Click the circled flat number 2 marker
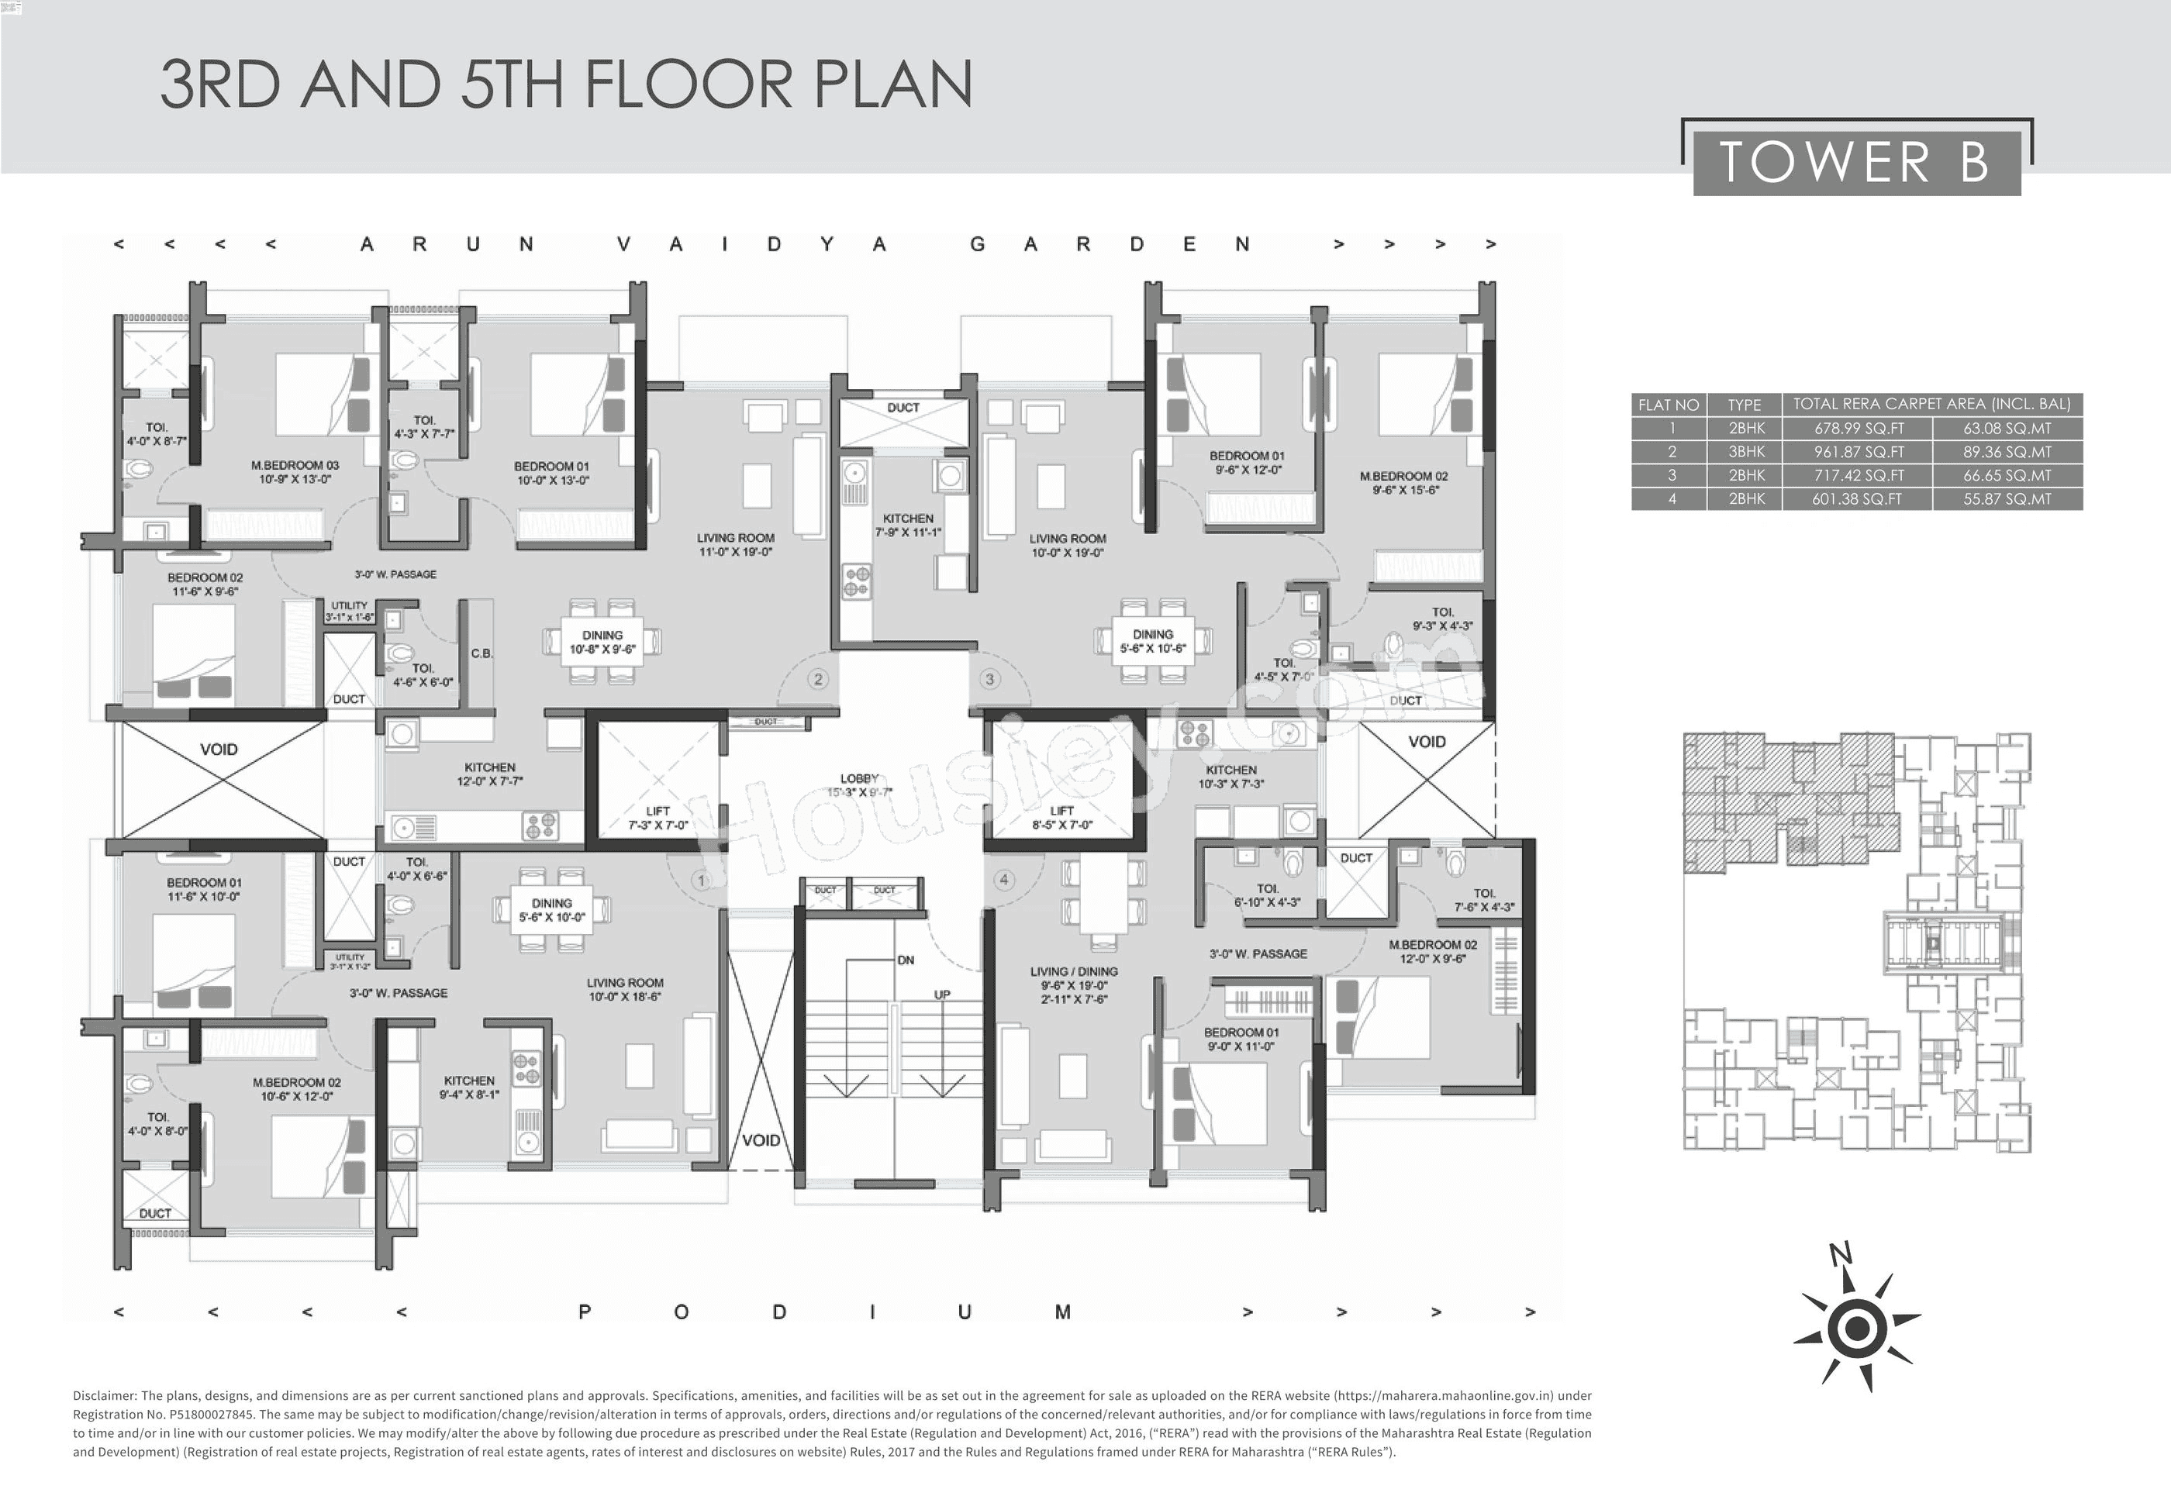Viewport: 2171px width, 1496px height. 818,679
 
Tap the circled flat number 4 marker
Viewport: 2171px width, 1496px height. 1004,879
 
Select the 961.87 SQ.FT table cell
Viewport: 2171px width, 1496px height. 1858,452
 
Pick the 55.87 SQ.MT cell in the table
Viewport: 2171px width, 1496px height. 2007,498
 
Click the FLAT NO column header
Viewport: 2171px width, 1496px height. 1668,405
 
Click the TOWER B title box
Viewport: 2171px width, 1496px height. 1856,162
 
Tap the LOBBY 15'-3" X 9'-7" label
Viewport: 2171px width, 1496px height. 860,785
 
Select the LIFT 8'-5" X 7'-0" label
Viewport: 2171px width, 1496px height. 1062,817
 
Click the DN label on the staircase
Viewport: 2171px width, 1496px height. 906,960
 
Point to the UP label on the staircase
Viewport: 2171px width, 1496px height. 942,994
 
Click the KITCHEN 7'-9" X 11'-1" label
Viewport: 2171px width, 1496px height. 907,525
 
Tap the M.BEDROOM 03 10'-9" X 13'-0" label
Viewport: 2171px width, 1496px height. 295,471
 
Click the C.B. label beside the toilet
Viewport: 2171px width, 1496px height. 481,653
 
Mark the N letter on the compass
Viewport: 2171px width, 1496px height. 1840,1253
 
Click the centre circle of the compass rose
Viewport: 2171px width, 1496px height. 1856,1329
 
